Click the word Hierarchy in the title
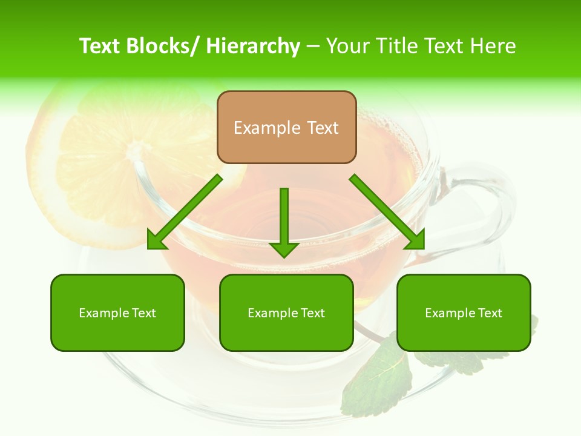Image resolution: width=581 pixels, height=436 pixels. tap(253, 46)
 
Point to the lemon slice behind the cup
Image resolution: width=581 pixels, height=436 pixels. tap(85, 163)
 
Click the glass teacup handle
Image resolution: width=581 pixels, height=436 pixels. tap(484, 200)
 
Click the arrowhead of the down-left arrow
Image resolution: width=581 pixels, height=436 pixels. tap(156, 240)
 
